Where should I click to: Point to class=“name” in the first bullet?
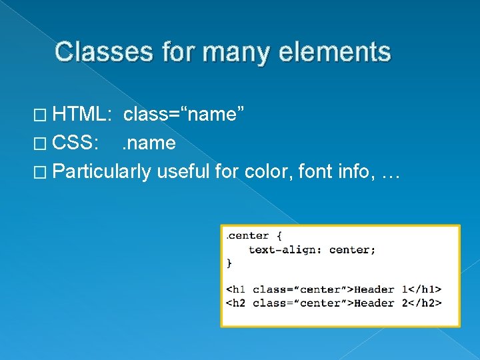click(187, 115)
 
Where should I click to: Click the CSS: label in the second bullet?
click(76, 143)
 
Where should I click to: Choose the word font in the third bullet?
click(315, 171)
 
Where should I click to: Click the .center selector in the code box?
click(248, 235)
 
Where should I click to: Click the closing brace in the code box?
click(229, 263)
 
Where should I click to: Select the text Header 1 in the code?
click(383, 289)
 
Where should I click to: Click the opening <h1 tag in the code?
click(237, 289)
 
